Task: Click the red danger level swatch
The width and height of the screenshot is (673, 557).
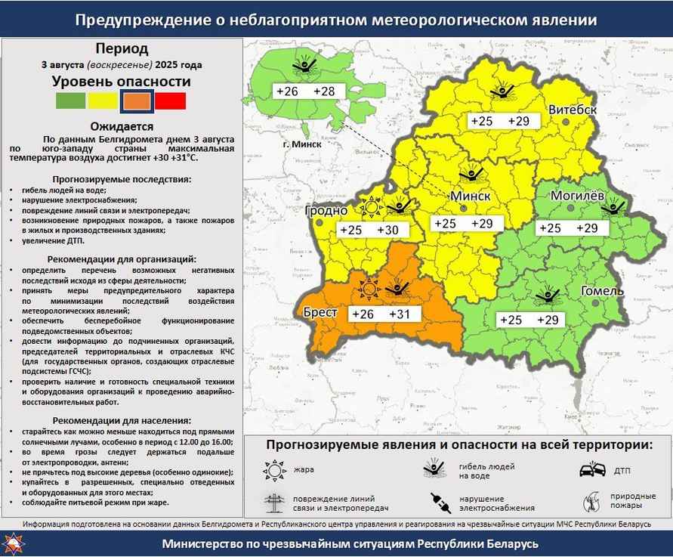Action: point(170,101)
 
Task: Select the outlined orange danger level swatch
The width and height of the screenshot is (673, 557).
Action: point(137,101)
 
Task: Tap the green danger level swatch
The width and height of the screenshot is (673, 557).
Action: point(71,101)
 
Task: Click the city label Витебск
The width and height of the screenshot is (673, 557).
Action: point(573,110)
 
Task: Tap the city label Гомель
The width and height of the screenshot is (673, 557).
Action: point(601,292)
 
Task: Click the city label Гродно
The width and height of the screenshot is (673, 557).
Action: point(326,210)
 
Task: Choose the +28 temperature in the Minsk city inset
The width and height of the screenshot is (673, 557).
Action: point(323,91)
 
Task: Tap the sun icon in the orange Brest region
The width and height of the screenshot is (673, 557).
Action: point(369,288)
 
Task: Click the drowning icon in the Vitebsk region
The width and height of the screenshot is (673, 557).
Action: point(501,91)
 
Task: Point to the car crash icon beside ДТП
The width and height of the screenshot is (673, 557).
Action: point(591,470)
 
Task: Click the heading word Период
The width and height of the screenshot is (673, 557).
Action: point(122,49)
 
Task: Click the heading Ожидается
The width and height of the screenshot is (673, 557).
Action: point(122,126)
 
